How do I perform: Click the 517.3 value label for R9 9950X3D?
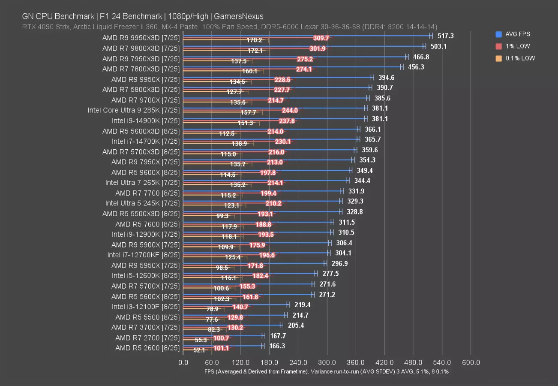pyautogui.click(x=445, y=36)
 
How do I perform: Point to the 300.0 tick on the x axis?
pyautogui.click(x=327, y=363)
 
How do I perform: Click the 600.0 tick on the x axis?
pyautogui.click(x=471, y=363)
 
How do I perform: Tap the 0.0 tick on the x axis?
pyautogui.click(x=183, y=363)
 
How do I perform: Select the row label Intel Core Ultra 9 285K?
pyautogui.click(x=134, y=110)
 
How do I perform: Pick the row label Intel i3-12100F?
pyautogui.click(x=146, y=307)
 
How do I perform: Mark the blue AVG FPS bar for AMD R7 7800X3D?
pyautogui.click(x=291, y=66)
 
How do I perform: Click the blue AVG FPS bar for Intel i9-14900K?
pyautogui.click(x=274, y=118)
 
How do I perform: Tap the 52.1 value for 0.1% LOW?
pyautogui.click(x=199, y=350)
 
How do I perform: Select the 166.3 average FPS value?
pyautogui.click(x=278, y=346)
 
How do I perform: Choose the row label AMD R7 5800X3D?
pyautogui.click(x=141, y=90)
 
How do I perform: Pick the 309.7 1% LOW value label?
pyautogui.click(x=321, y=38)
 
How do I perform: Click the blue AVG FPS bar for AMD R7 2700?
pyautogui.click(x=223, y=335)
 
